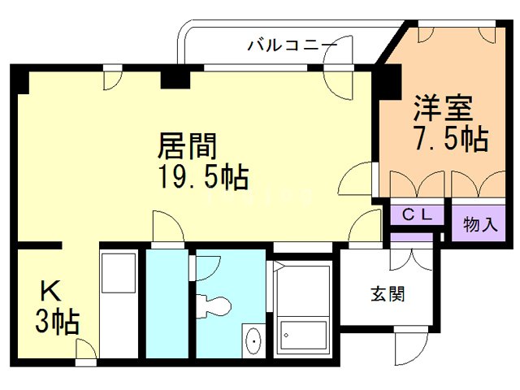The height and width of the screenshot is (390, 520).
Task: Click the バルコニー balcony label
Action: [292, 45]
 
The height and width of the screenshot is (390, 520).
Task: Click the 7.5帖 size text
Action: [451, 140]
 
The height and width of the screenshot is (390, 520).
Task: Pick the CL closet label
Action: [418, 215]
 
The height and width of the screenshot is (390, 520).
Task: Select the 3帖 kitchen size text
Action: [55, 323]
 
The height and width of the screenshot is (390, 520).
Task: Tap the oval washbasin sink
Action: [253, 340]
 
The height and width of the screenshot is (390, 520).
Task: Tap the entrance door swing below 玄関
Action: [405, 349]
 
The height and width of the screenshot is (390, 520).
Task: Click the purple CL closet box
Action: [418, 215]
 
